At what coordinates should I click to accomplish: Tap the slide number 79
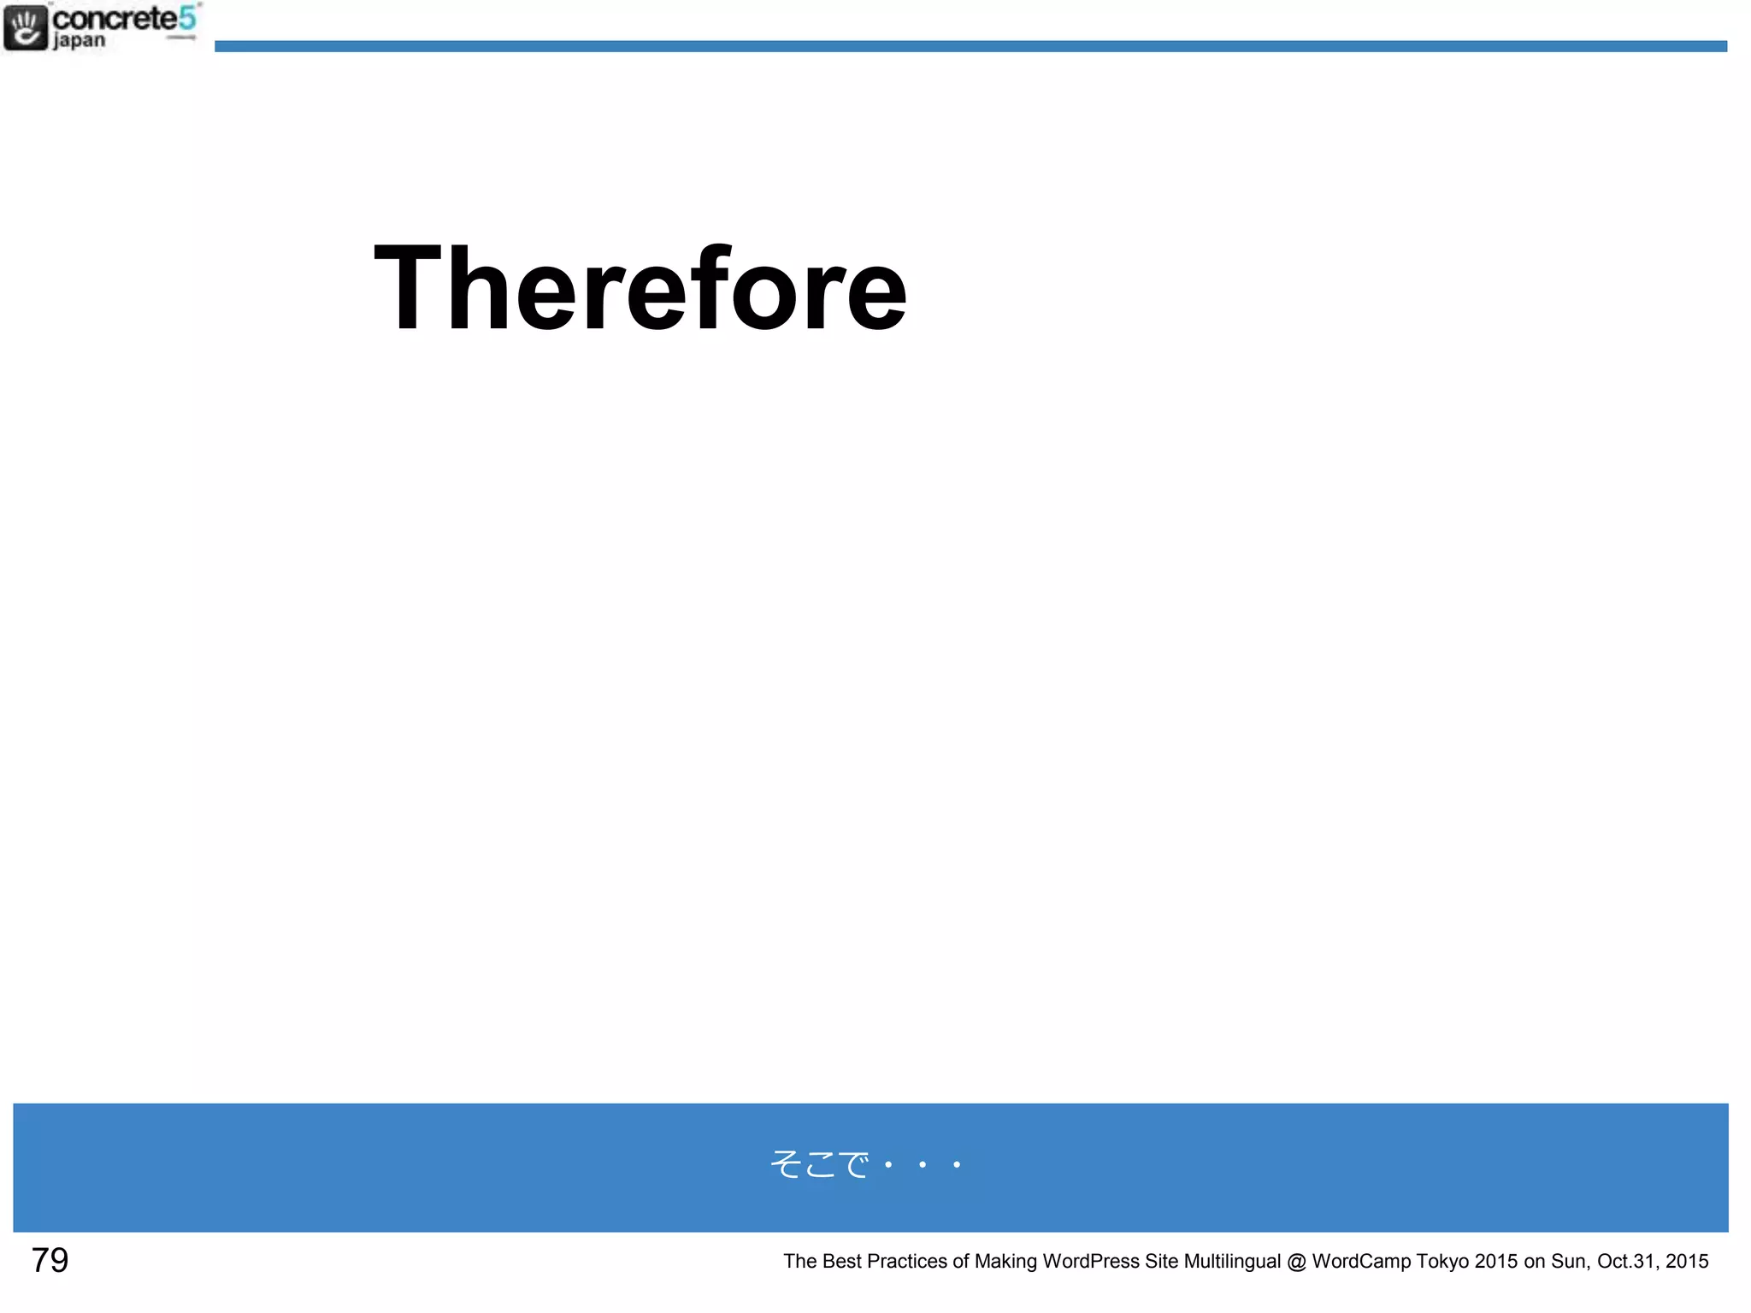pyautogui.click(x=50, y=1260)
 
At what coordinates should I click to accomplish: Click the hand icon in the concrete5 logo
pyautogui.click(x=25, y=27)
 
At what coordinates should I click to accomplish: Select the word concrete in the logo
pyautogui.click(x=115, y=18)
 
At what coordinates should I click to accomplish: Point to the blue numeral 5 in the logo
pyautogui.click(x=187, y=17)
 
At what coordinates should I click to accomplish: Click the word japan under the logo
pyautogui.click(x=79, y=41)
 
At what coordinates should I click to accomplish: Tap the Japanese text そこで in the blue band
pyautogui.click(x=819, y=1164)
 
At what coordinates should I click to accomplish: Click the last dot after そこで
pyautogui.click(x=957, y=1164)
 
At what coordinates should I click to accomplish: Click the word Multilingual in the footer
pyautogui.click(x=1232, y=1261)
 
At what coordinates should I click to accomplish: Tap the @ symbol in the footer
pyautogui.click(x=1296, y=1261)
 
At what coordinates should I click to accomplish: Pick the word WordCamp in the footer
pyautogui.click(x=1361, y=1261)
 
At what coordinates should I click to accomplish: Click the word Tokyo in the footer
pyautogui.click(x=1442, y=1261)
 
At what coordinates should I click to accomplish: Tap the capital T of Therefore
pyautogui.click(x=409, y=288)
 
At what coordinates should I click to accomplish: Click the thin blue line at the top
pyautogui.click(x=970, y=46)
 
